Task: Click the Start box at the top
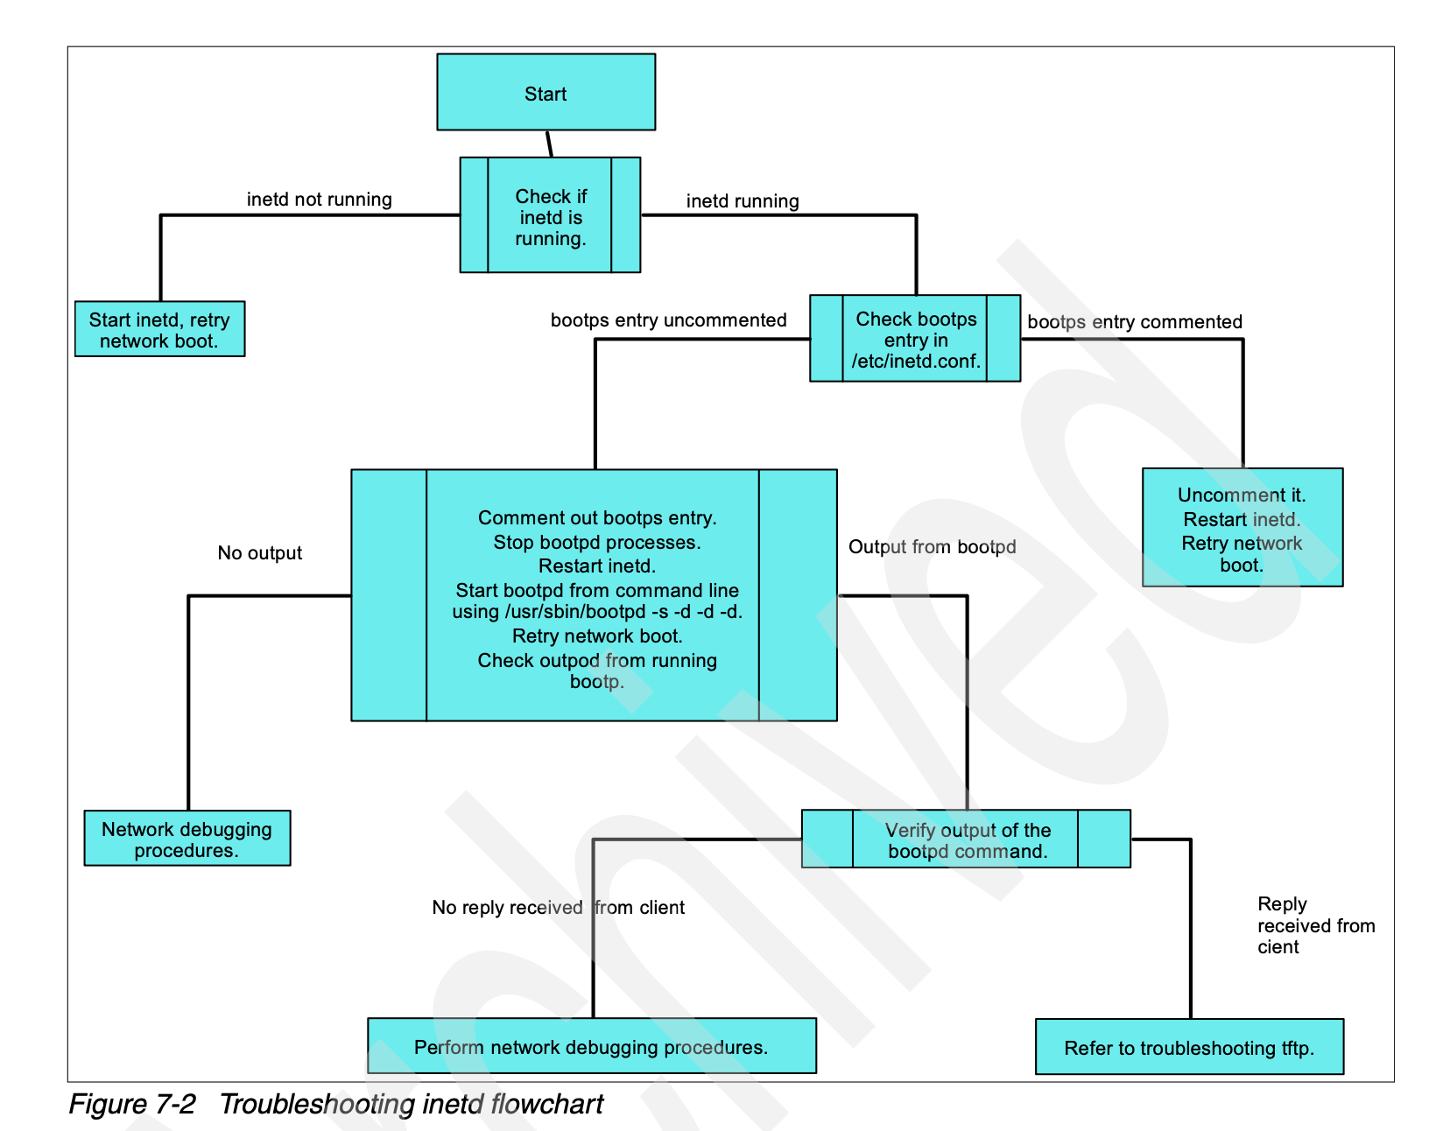click(546, 93)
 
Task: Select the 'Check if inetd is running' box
click(550, 216)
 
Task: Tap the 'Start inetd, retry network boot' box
click(159, 330)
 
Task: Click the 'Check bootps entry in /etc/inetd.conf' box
click(915, 340)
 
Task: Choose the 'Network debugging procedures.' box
click(187, 839)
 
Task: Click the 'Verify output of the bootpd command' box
click(966, 839)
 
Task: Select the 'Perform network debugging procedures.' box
click(591, 1046)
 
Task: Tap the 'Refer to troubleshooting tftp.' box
click(1188, 1047)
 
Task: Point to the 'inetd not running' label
click(319, 200)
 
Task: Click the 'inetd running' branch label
click(742, 201)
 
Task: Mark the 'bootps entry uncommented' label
click(668, 320)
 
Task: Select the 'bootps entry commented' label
click(1134, 322)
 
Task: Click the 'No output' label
click(259, 553)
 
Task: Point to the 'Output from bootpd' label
click(932, 547)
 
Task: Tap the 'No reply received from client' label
click(558, 908)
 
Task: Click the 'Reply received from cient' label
click(1314, 925)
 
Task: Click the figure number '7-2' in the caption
click(175, 1105)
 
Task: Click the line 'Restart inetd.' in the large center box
click(596, 566)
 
